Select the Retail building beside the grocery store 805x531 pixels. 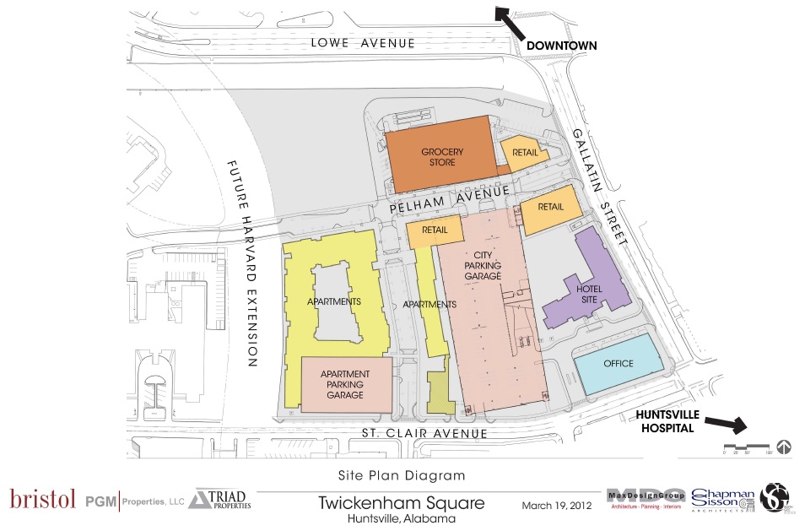point(525,152)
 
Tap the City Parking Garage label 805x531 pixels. point(483,265)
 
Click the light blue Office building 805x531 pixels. point(619,363)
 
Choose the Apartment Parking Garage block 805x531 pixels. point(346,384)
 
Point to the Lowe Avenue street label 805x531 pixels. point(362,42)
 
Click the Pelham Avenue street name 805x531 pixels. point(449,199)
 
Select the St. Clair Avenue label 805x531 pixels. point(424,434)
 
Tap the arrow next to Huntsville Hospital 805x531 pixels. point(722,422)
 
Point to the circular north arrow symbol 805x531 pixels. point(783,447)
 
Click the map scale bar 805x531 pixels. point(745,447)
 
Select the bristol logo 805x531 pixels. point(42,500)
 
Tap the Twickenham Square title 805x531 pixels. point(402,503)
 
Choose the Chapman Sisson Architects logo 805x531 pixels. point(722,499)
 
